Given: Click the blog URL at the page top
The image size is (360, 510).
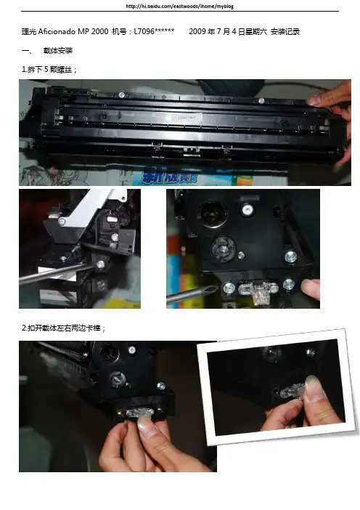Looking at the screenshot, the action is click(180, 6).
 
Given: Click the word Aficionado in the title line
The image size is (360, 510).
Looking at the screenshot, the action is click(57, 31).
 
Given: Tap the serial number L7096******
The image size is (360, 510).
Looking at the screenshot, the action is click(154, 31).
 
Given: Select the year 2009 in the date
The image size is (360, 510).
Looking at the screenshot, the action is click(197, 31).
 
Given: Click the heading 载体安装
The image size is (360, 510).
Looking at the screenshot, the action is click(58, 50).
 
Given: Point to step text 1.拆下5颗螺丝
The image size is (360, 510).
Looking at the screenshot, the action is click(49, 69).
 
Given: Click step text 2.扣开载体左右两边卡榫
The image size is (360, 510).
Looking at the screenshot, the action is click(63, 328).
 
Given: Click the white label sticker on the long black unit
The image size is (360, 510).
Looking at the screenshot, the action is click(187, 118).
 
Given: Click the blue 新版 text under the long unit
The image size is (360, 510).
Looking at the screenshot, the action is click(169, 177).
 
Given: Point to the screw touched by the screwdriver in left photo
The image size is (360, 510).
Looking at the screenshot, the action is click(100, 264).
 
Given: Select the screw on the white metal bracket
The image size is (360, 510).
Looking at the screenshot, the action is click(61, 222).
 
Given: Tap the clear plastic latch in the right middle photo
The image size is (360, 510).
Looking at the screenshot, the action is click(258, 289).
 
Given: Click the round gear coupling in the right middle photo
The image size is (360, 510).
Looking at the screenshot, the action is click(224, 248).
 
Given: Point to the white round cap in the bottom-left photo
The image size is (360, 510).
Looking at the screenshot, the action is click(131, 350).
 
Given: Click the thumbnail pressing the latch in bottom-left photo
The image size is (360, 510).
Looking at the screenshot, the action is click(146, 423).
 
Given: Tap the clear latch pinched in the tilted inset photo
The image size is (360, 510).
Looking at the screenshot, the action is click(292, 389).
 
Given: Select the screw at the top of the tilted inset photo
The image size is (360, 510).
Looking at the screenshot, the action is click(310, 352).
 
